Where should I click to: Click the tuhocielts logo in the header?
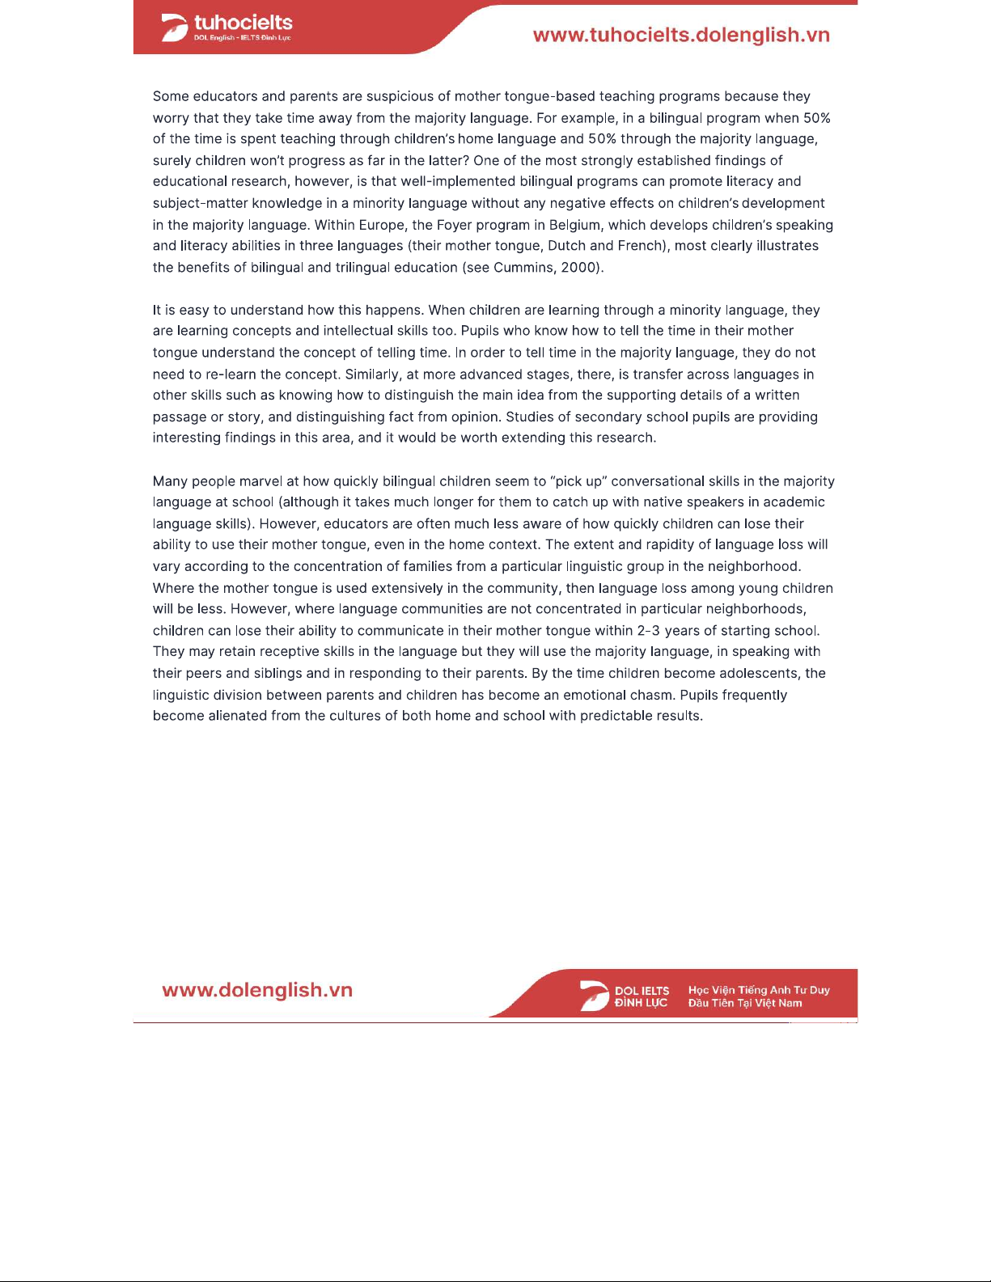click(x=227, y=28)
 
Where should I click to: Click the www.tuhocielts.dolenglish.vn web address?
click(x=681, y=36)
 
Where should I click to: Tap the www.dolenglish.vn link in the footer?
click(x=257, y=991)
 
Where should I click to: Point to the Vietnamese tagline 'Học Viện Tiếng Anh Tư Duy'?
click(x=759, y=990)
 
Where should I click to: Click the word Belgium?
click(x=575, y=225)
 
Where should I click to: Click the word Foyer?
click(x=455, y=225)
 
